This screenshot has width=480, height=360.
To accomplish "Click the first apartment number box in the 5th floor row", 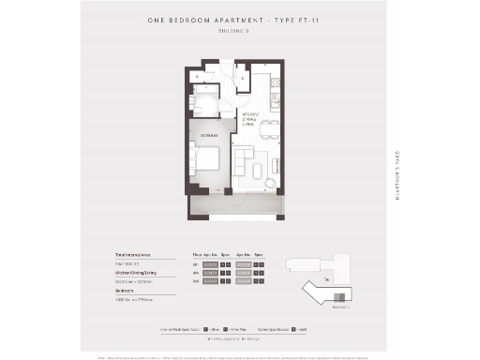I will click(x=210, y=265).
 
